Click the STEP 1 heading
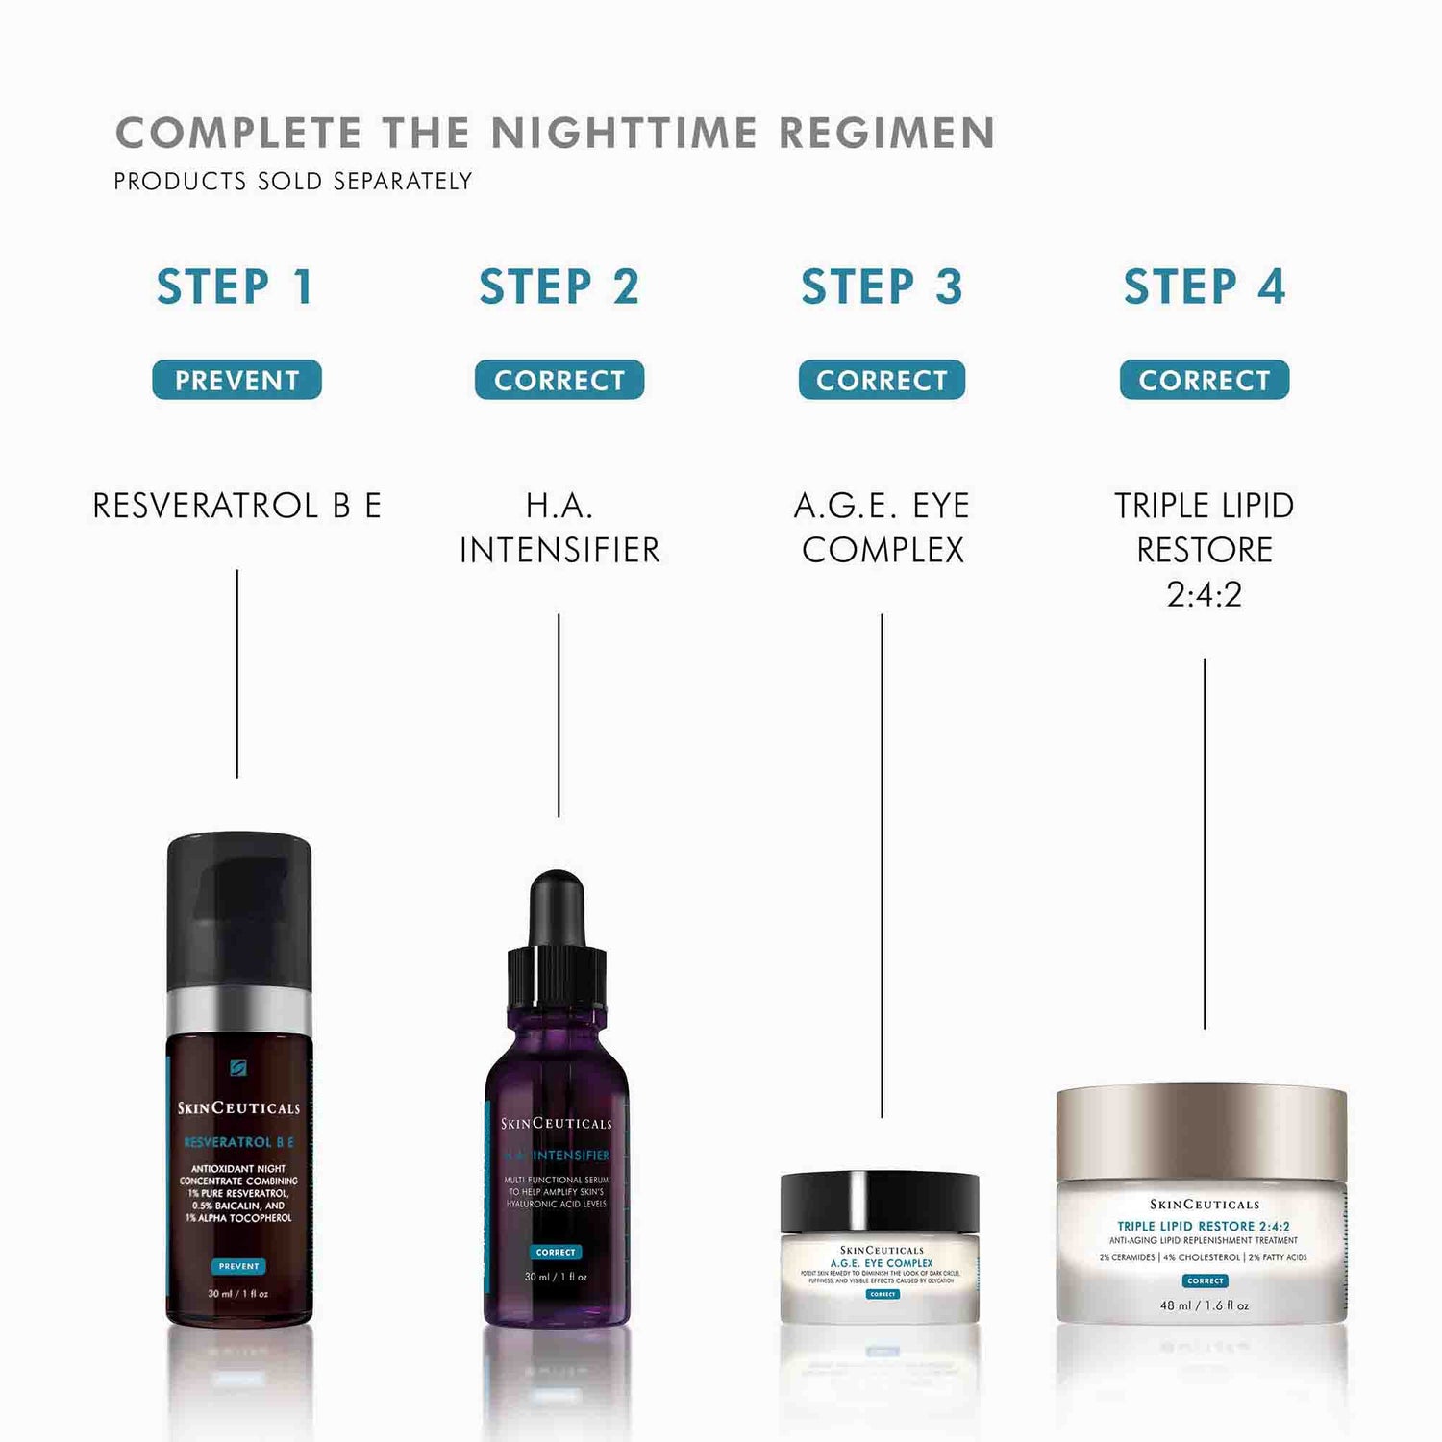pos(236,286)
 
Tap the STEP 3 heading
pos(882,286)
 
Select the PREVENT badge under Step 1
pos(236,380)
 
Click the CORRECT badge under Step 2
pos(559,380)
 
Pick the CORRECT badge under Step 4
pos(1205,380)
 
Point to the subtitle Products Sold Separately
pos(293,181)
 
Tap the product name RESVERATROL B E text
pos(236,506)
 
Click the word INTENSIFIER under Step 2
pos(559,550)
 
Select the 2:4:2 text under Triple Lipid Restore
pos(1205,594)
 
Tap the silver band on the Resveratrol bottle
pos(239,1009)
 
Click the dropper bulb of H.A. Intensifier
pos(558,904)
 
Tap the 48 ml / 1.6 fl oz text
pos(1205,1305)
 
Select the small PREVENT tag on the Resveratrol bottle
pos(238,1266)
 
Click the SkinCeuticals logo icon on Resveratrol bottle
pos(238,1068)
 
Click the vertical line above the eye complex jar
pos(882,865)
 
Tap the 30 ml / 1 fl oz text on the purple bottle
pos(556,1277)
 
